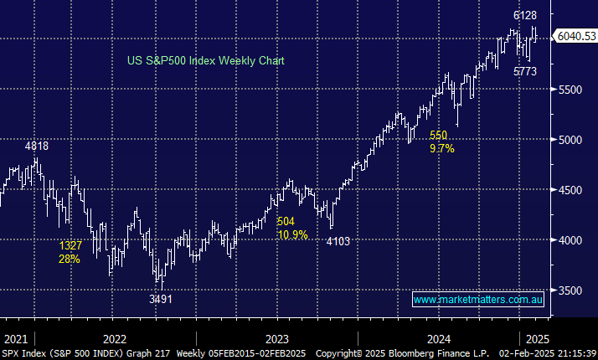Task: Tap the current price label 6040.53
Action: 575,36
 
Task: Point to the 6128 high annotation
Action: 525,15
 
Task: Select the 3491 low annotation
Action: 160,299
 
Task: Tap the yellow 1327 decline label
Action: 71,246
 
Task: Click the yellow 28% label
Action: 70,259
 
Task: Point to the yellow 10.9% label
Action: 292,234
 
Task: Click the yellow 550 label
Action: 439,135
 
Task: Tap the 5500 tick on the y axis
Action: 572,89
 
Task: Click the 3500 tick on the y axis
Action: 572,291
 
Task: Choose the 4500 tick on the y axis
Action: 572,190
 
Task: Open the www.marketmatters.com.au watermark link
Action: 478,299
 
